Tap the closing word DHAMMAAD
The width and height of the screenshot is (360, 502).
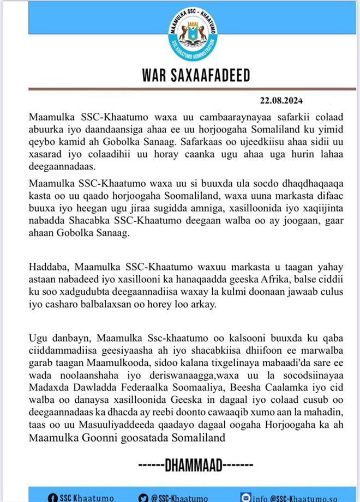(x=193, y=466)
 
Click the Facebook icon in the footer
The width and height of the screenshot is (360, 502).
(x=53, y=497)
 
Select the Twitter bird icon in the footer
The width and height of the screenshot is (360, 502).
(x=143, y=497)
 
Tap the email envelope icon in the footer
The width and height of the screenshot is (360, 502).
(x=245, y=497)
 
